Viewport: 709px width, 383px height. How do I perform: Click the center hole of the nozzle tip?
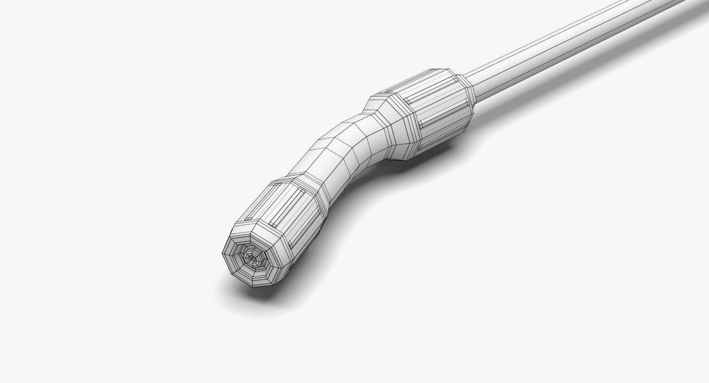point(251,259)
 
